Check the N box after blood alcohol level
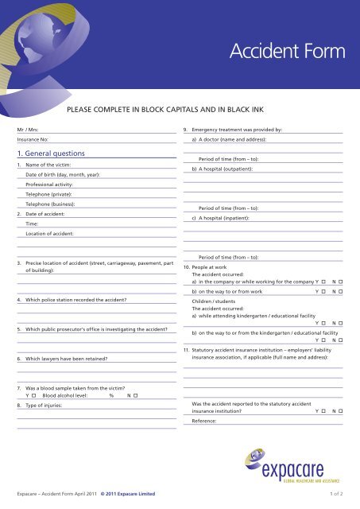click(x=135, y=395)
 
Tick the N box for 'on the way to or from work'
click(x=340, y=292)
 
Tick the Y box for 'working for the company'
click(x=323, y=282)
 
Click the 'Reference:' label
click(x=204, y=422)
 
